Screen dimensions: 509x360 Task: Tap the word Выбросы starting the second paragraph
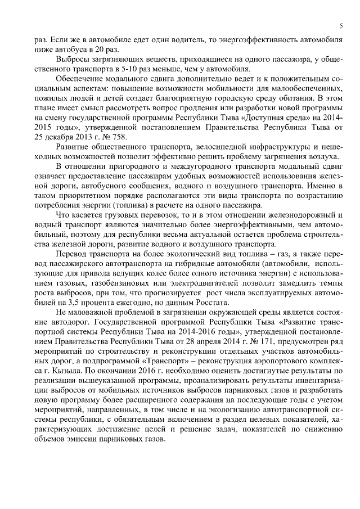(74, 59)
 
